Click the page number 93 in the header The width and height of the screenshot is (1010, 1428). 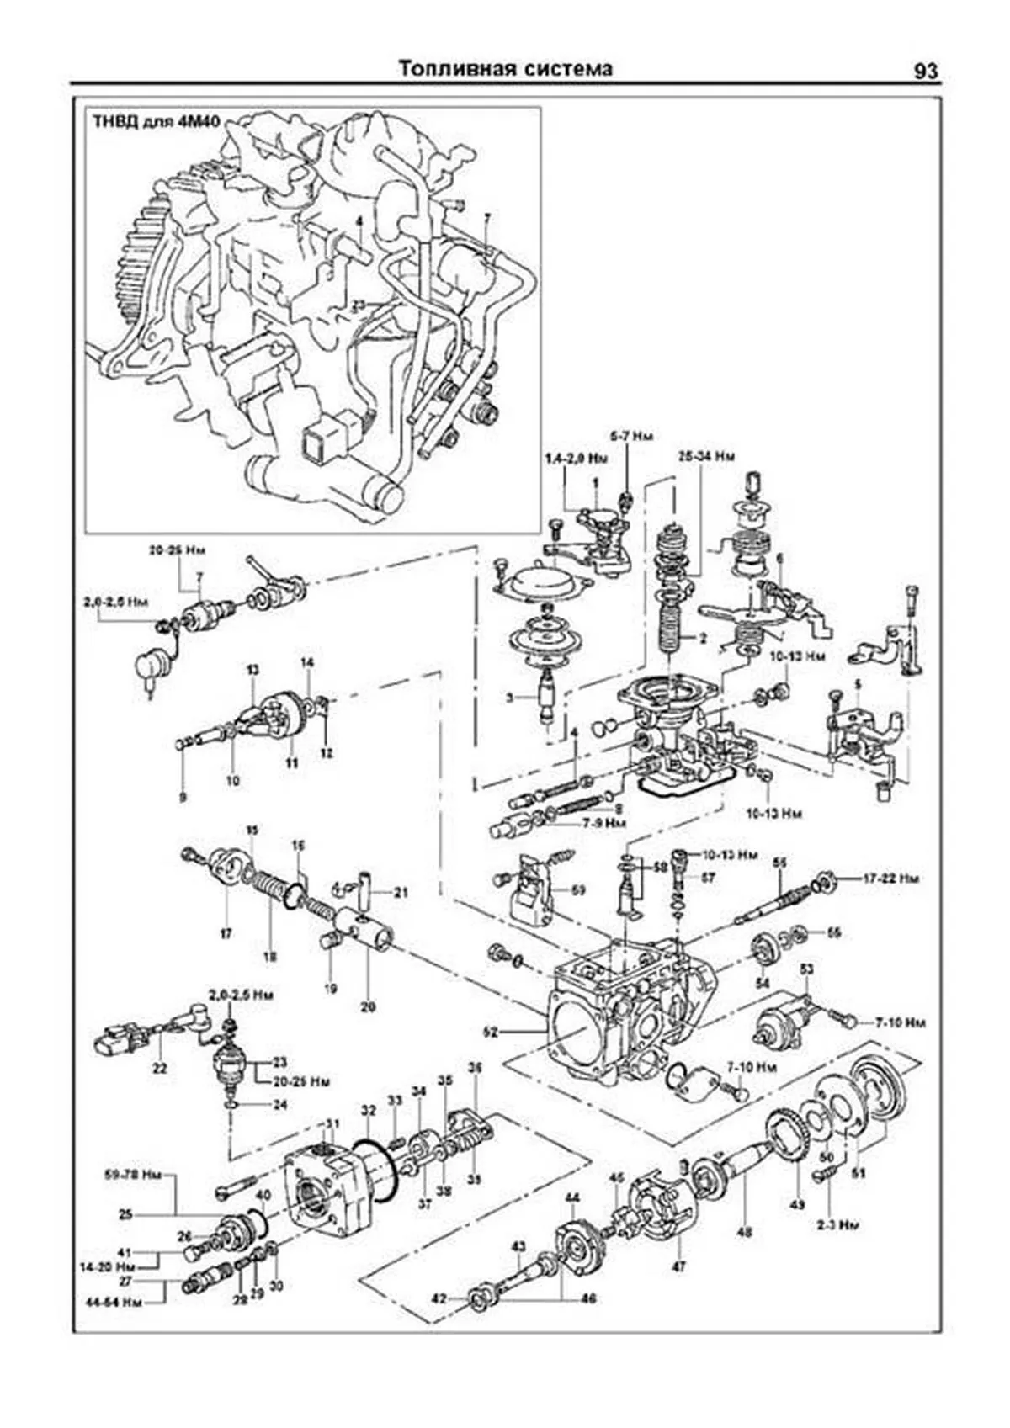[925, 72]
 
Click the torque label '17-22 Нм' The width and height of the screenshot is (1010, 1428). [891, 879]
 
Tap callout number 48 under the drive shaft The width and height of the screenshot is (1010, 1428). [744, 1233]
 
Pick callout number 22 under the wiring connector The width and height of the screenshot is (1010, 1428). [160, 1069]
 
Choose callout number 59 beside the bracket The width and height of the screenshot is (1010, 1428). [579, 889]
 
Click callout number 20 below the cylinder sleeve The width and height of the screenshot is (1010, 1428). [368, 1005]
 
